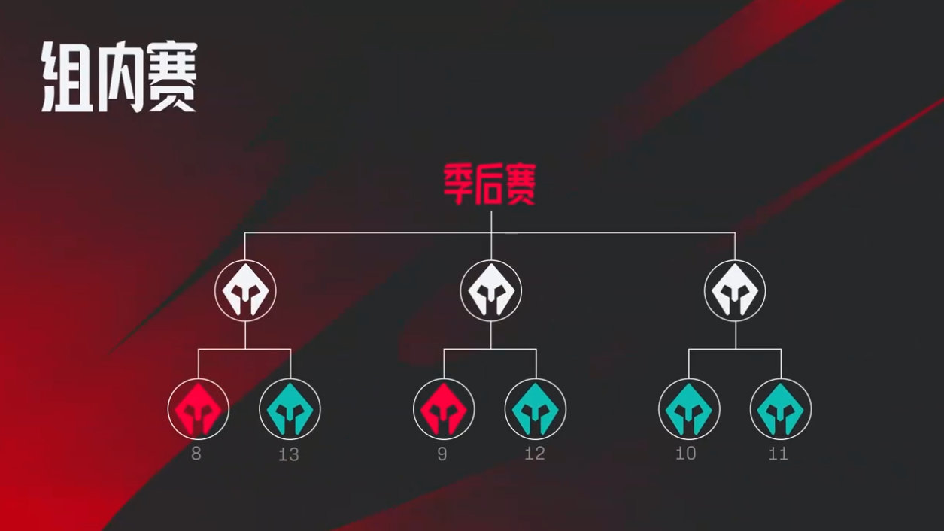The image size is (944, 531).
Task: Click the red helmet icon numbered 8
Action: pyautogui.click(x=199, y=409)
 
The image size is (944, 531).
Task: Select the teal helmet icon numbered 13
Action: pyautogui.click(x=290, y=409)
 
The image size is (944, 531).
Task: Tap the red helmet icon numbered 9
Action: pyautogui.click(x=444, y=409)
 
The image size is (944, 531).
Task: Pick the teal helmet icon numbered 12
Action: pyautogui.click(x=536, y=409)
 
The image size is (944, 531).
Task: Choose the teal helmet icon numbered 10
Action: pyautogui.click(x=689, y=409)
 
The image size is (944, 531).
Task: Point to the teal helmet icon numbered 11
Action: pyautogui.click(x=781, y=409)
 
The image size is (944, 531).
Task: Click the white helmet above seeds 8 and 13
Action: pyautogui.click(x=245, y=291)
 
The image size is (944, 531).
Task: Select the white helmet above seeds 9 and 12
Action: pyautogui.click(x=491, y=291)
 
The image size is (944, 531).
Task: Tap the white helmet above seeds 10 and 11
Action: pyautogui.click(x=736, y=291)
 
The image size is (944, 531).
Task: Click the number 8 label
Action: pyautogui.click(x=196, y=454)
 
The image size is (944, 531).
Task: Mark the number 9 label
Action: pyautogui.click(x=442, y=454)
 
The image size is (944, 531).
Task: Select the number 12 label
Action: pyautogui.click(x=536, y=454)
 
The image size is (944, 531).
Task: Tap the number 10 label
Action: pyautogui.click(x=686, y=454)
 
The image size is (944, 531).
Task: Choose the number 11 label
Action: pyautogui.click(x=778, y=454)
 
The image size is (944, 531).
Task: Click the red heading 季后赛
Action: pyautogui.click(x=490, y=184)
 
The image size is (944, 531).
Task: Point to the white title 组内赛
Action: pyautogui.click(x=120, y=76)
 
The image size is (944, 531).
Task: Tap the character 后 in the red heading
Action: pyautogui.click(x=490, y=184)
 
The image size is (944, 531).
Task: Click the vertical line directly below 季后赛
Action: pyautogui.click(x=491, y=235)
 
